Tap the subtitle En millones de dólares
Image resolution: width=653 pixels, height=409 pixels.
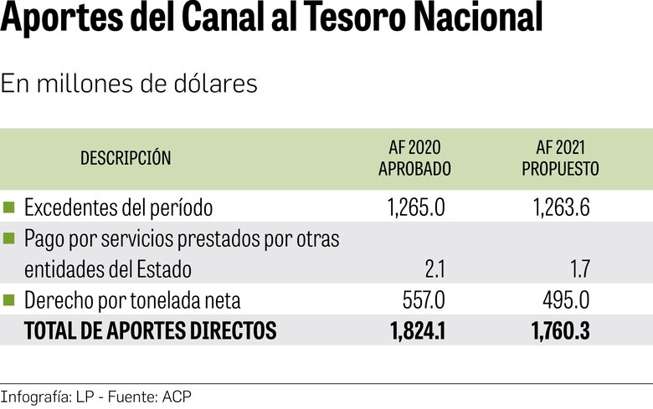(129, 84)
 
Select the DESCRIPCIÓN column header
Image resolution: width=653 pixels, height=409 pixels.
(126, 158)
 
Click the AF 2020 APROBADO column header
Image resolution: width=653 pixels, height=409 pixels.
(414, 158)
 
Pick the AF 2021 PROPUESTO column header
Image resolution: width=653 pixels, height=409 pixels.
(560, 158)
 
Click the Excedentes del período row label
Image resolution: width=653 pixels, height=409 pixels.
(119, 207)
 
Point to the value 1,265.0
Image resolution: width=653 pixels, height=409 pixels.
(417, 207)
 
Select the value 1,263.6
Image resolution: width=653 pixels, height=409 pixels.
(560, 207)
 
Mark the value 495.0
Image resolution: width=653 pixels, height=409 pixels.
(567, 300)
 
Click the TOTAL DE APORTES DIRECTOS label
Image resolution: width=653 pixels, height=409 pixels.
(151, 331)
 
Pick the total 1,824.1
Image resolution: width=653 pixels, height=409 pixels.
(417, 331)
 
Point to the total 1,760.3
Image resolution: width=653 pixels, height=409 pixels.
(560, 331)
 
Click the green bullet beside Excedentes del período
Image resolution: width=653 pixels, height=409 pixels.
(9, 206)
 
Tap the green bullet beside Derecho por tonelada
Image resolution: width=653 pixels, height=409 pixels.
(9, 299)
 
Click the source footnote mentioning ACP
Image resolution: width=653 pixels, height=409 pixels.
(96, 396)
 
